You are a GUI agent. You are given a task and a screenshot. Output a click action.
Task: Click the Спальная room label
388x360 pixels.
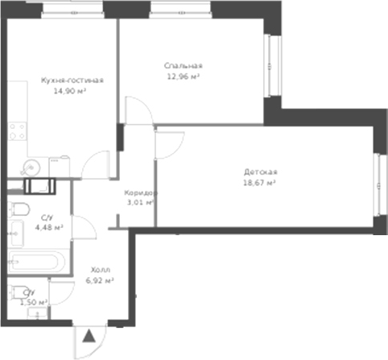[x=182, y=66]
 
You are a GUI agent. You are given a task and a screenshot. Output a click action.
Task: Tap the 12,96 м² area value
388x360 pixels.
[x=183, y=77]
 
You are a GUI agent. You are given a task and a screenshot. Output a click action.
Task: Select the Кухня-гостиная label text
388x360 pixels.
[x=72, y=81]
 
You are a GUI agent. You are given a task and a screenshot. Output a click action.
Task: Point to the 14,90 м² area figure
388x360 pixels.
[x=70, y=91]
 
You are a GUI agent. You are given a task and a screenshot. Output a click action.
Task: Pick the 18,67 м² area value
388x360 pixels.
[x=260, y=183]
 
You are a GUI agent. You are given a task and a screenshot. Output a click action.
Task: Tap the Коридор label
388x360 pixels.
[x=140, y=193]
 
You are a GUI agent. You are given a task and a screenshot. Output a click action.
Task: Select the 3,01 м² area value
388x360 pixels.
[x=140, y=203]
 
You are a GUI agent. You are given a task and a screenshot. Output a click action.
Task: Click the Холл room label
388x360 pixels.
[x=99, y=270]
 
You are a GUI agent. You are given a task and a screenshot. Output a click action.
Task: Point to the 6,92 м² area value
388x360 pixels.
[x=99, y=280]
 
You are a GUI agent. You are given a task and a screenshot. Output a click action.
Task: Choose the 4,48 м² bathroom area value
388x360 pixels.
[x=47, y=227]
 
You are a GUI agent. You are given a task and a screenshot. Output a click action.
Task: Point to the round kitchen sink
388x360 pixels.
[x=31, y=167]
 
